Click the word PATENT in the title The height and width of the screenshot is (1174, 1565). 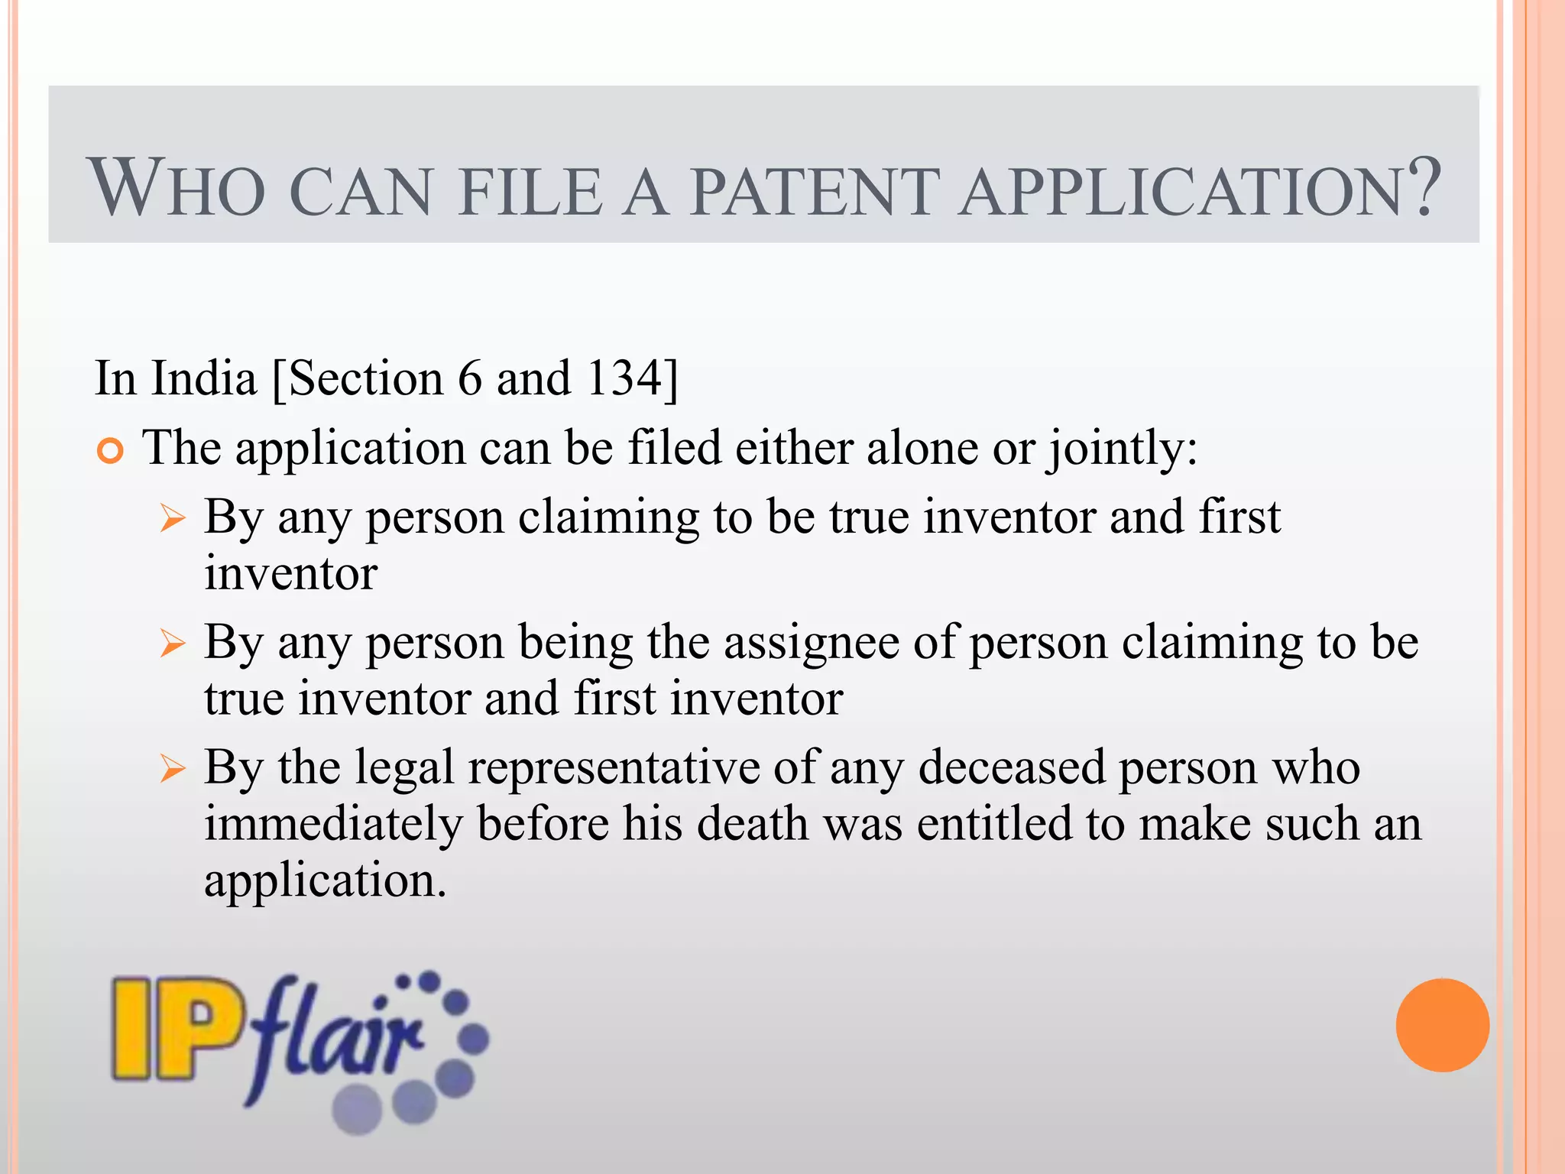click(x=815, y=191)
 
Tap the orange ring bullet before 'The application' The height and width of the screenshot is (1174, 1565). click(x=111, y=452)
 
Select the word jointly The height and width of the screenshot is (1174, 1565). click(x=1121, y=449)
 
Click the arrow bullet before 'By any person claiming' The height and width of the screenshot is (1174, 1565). click(x=173, y=520)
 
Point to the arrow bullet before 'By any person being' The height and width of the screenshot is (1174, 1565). click(x=173, y=644)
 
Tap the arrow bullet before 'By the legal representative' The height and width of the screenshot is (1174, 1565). click(x=173, y=769)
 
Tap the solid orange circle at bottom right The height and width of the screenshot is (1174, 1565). click(x=1442, y=1025)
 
